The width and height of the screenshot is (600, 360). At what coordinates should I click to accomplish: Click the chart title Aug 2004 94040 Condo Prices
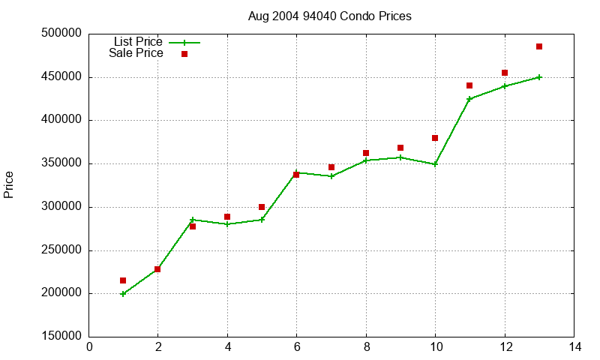(x=329, y=16)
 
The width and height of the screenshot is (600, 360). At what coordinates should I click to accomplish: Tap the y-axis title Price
(x=9, y=184)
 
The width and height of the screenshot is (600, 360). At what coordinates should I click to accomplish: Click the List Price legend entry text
(x=138, y=42)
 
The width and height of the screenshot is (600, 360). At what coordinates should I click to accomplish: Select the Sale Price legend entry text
(x=136, y=53)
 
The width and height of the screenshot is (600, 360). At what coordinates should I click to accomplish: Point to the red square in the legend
(x=184, y=54)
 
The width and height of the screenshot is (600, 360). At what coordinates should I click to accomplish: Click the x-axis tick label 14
(x=574, y=347)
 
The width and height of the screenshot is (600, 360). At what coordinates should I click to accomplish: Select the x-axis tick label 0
(x=88, y=347)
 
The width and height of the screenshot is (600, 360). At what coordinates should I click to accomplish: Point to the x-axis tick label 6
(x=296, y=347)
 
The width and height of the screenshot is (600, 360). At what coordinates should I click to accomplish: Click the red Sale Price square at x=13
(x=539, y=46)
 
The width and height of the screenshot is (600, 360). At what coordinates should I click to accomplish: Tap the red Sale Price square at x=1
(x=123, y=280)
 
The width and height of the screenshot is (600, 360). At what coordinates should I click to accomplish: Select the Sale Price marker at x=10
(x=435, y=138)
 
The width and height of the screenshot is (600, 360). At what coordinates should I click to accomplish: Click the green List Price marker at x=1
(x=123, y=294)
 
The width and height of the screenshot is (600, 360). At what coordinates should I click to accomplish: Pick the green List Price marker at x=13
(x=539, y=77)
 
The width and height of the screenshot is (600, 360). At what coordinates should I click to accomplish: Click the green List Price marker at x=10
(x=435, y=164)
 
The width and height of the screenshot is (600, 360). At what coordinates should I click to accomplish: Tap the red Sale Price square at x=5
(x=262, y=207)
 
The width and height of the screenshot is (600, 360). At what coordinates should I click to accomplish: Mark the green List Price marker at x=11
(x=469, y=99)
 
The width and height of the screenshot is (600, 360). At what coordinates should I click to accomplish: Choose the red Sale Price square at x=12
(x=505, y=73)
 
